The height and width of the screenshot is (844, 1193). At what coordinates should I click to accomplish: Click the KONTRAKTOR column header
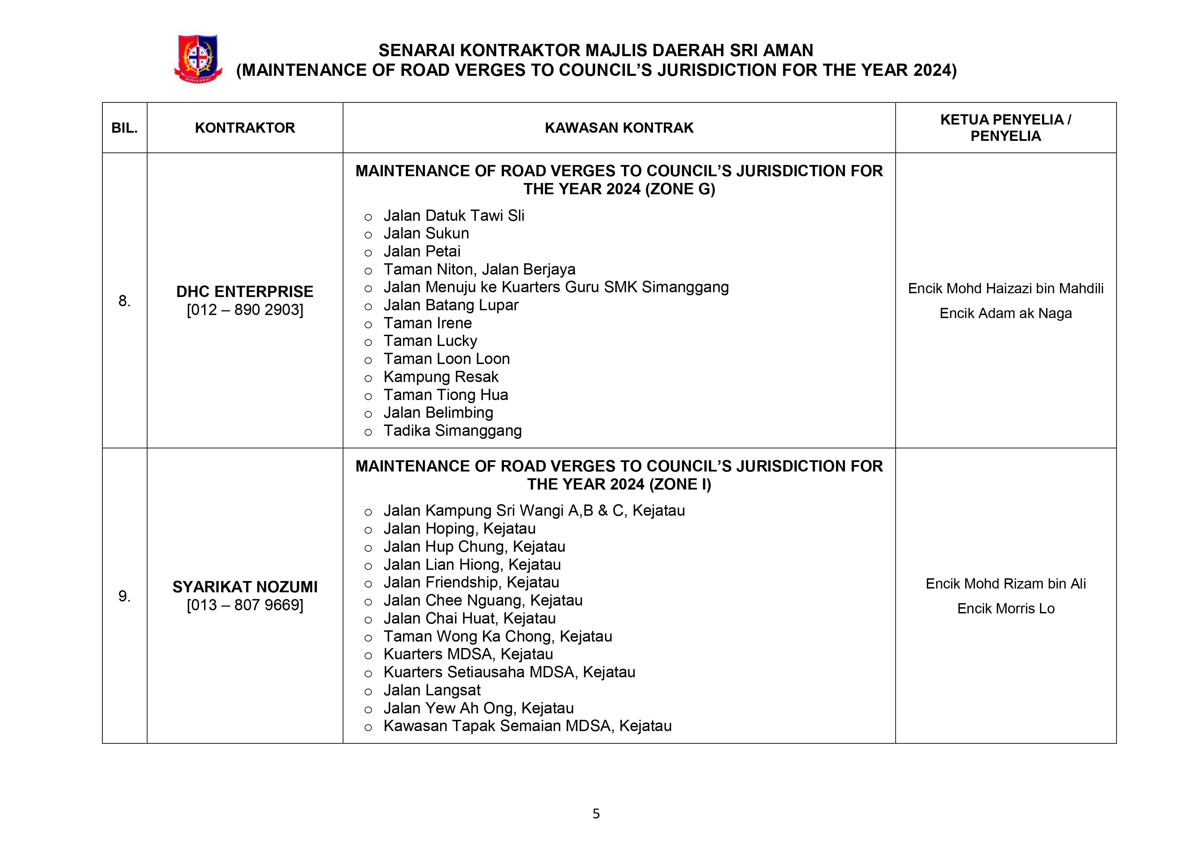(x=245, y=128)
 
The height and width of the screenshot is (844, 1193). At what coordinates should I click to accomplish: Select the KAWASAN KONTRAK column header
(x=619, y=128)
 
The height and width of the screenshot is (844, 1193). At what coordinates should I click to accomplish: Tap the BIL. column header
(x=125, y=128)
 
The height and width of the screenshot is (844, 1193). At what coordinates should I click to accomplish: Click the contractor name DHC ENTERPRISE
(x=245, y=292)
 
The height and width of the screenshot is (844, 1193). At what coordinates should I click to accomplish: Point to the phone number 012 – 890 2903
(x=245, y=310)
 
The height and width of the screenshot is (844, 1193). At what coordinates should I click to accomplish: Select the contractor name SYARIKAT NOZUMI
(x=245, y=587)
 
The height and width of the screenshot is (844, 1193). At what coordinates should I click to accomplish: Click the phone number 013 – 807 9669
(x=245, y=605)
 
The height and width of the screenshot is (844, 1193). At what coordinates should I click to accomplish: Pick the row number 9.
(x=124, y=596)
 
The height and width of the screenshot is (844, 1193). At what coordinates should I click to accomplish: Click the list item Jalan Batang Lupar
(x=451, y=305)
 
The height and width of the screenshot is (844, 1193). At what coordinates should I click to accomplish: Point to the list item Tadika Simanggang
(x=452, y=431)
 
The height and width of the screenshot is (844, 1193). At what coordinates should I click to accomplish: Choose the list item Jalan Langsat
(x=432, y=690)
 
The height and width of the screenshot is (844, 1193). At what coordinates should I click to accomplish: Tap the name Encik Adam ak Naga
(x=1005, y=313)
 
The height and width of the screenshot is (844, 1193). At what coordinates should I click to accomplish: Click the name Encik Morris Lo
(x=1005, y=609)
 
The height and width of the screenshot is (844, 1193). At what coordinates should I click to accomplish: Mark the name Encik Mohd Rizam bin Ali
(x=1005, y=584)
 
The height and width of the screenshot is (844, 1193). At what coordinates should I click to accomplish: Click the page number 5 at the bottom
(x=596, y=813)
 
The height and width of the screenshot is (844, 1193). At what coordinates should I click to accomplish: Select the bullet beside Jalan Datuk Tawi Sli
(x=368, y=217)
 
